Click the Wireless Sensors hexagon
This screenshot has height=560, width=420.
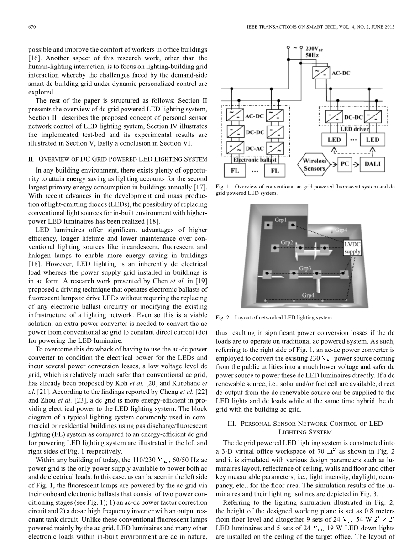click(x=315, y=165)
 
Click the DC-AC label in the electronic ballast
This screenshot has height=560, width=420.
click(x=255, y=149)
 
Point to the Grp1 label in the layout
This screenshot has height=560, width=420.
click(x=281, y=220)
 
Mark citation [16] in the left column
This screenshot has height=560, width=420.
click(x=35, y=58)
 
